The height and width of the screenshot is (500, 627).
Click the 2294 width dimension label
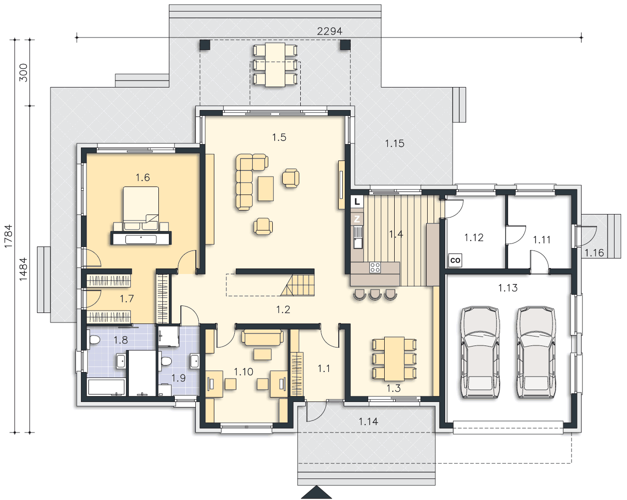tap(329, 31)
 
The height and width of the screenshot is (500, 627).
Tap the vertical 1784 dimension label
tap(8, 236)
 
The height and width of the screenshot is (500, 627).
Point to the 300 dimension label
tap(23, 72)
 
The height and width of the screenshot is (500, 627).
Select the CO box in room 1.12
tap(455, 260)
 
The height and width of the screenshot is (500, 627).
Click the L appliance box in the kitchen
tap(357, 201)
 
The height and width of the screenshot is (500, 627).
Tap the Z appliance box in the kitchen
tap(357, 219)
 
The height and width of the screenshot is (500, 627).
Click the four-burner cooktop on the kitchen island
tap(375, 267)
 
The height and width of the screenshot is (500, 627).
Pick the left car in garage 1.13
tap(480, 352)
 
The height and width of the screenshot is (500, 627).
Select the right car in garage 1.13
tap(536, 352)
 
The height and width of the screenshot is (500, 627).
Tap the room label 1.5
tap(279, 137)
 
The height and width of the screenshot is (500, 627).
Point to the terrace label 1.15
tap(395, 143)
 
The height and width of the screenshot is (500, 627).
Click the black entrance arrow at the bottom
tap(316, 492)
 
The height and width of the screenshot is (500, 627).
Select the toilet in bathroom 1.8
tap(94, 339)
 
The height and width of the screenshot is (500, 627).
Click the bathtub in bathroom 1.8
tap(106, 387)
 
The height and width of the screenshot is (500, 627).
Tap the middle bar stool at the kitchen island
tap(375, 294)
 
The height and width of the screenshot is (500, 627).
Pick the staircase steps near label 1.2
tap(297, 285)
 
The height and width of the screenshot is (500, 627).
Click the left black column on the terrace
tap(205, 45)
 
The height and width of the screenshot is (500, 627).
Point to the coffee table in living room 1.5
tap(265, 188)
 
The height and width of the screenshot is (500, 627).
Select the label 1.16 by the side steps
tap(595, 253)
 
